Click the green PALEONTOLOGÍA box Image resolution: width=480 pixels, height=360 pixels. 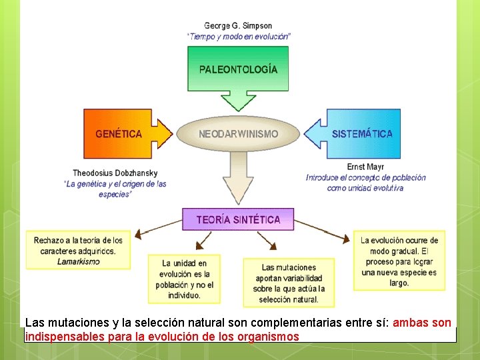[238, 69]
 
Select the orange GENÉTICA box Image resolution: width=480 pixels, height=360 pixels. [119, 133]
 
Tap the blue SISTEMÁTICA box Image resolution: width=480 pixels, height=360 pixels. [362, 133]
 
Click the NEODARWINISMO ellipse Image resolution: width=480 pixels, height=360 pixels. [239, 133]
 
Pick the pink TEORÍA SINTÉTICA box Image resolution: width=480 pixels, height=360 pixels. [238, 219]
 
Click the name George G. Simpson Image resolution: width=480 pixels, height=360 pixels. [238, 26]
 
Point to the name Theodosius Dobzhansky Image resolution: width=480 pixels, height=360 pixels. [115, 173]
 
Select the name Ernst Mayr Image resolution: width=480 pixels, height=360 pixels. [365, 167]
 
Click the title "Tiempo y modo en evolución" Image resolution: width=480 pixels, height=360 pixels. [238, 37]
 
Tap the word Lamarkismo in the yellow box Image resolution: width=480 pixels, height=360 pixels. [79, 261]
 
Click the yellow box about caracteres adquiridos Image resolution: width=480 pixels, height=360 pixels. [79, 250]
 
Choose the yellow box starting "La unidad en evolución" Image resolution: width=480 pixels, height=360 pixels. [184, 279]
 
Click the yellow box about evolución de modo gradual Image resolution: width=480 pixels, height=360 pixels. [399, 261]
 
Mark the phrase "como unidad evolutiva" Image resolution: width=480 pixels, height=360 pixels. [365, 188]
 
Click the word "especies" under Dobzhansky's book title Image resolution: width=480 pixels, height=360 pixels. [115, 194]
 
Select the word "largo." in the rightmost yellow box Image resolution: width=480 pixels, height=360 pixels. [399, 283]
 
